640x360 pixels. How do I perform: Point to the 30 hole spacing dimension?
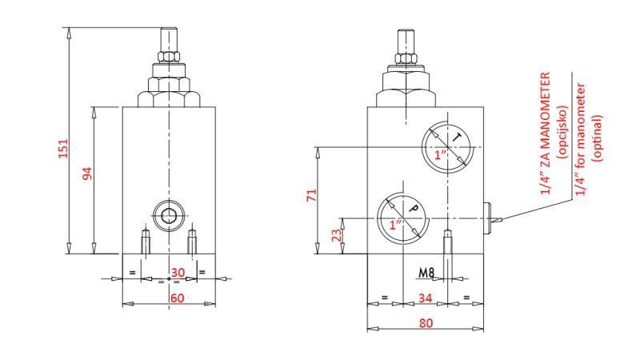(x=178, y=273)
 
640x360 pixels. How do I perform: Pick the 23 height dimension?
(x=336, y=235)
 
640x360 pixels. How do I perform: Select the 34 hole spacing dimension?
(x=426, y=298)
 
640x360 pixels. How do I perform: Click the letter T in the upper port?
(x=456, y=138)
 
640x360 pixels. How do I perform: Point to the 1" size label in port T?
(x=440, y=155)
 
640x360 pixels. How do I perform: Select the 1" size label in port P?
(x=395, y=225)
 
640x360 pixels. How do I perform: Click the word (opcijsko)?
(x=562, y=132)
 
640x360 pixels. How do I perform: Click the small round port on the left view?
(x=169, y=214)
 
